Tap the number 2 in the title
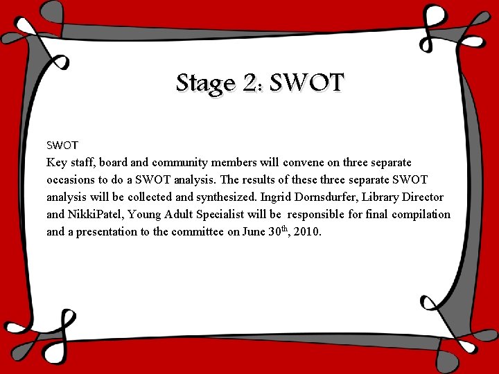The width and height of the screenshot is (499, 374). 252,83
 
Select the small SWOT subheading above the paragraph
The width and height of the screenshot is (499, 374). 62,145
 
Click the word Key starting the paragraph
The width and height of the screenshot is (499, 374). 57,163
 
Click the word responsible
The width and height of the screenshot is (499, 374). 324,215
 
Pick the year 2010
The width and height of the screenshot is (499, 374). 308,232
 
